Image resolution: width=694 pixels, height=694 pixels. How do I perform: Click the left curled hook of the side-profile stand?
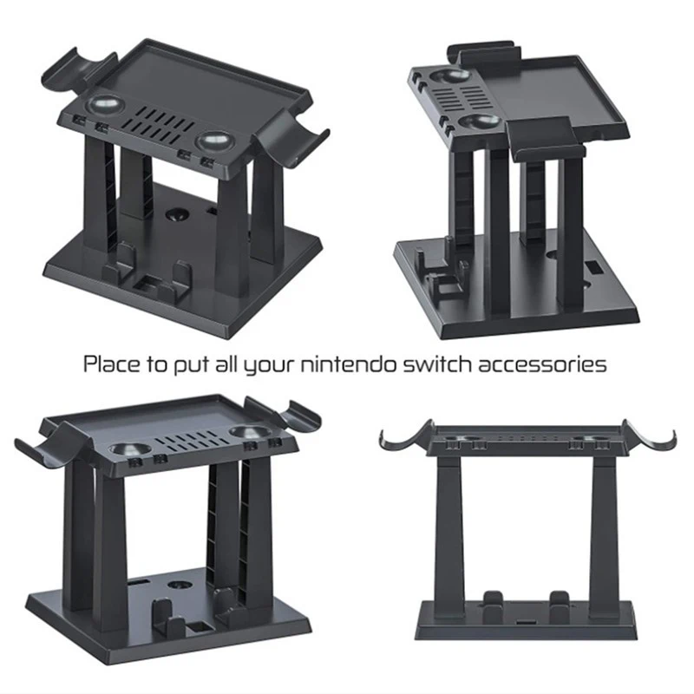tap(393, 438)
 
